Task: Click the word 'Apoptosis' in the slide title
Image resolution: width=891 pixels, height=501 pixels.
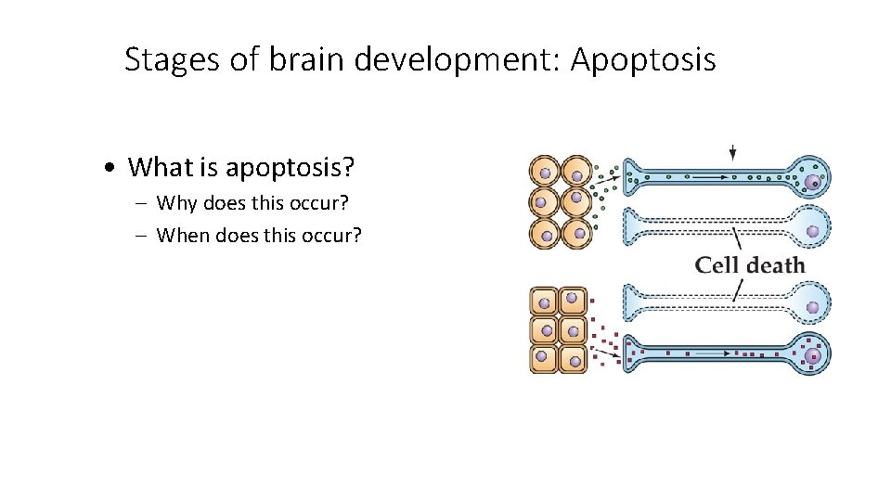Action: click(x=643, y=60)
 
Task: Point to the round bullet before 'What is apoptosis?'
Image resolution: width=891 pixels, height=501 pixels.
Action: click(x=110, y=168)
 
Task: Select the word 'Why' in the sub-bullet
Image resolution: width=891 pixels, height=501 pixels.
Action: click(x=176, y=202)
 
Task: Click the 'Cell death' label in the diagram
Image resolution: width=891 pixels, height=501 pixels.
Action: click(x=750, y=265)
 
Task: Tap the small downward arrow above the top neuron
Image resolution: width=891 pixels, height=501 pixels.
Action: click(x=733, y=152)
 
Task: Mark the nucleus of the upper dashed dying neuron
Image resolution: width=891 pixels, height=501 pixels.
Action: click(x=813, y=231)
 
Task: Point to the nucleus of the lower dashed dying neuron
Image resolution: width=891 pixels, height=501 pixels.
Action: click(x=813, y=306)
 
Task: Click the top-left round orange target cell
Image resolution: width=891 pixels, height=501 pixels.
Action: click(x=545, y=173)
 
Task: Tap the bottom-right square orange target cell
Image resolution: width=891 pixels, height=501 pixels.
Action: click(x=575, y=358)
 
